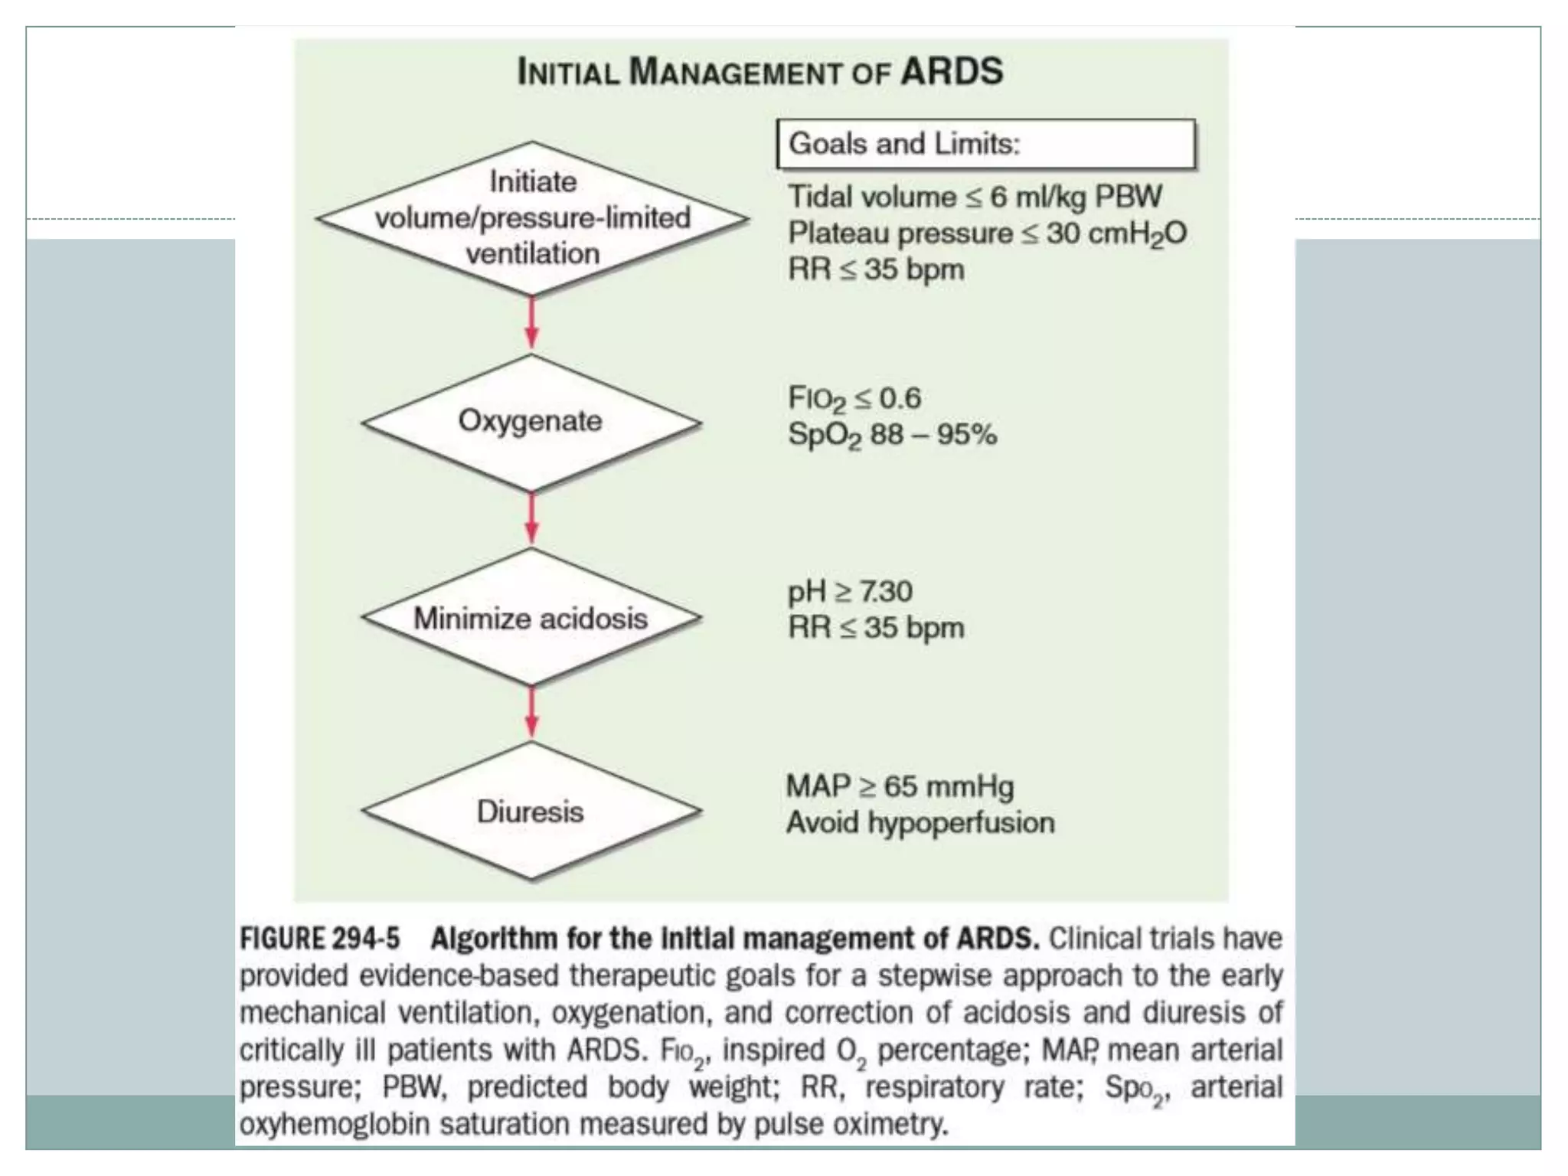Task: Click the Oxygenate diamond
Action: coord(531,422)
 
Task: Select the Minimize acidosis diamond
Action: coord(531,617)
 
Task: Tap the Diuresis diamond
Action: coord(531,811)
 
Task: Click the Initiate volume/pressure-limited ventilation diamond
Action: coord(532,218)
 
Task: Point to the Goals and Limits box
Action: coord(985,144)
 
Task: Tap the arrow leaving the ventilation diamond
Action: coord(531,323)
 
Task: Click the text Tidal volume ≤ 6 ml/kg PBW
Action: coord(975,198)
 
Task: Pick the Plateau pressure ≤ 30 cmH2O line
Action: coord(987,234)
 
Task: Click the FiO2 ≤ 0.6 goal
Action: coord(854,399)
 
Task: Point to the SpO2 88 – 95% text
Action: coord(892,435)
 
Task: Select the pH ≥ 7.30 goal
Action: coord(850,592)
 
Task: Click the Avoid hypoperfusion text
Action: coord(920,823)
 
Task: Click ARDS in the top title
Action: coord(952,72)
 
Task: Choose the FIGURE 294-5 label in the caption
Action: coord(319,939)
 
